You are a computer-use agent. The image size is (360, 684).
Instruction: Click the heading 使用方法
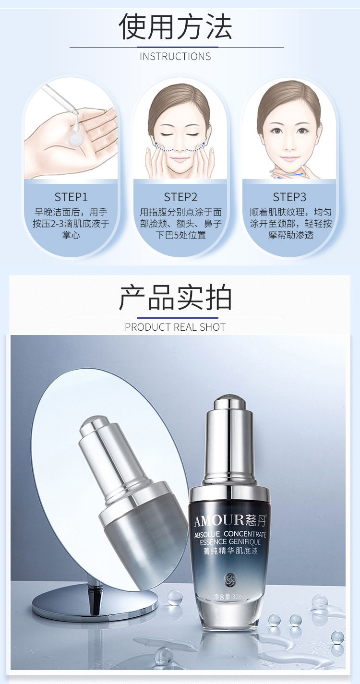point(175,27)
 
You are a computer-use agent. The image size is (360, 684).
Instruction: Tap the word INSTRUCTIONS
point(175,57)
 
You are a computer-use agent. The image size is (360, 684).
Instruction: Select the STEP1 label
point(71,197)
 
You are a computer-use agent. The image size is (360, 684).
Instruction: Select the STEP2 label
point(180,197)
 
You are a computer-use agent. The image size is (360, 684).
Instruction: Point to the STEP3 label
point(289,197)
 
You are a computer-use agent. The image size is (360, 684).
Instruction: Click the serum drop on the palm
point(75,139)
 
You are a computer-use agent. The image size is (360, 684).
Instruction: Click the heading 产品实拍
point(175,298)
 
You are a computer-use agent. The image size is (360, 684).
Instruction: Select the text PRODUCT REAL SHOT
point(175,327)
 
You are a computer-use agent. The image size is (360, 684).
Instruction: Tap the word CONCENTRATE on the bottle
point(245,534)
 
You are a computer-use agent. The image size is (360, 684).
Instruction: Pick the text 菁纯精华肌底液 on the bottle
point(230,551)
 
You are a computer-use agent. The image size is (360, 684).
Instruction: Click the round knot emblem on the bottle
point(229,579)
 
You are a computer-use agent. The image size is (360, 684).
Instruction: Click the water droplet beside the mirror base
point(175,597)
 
